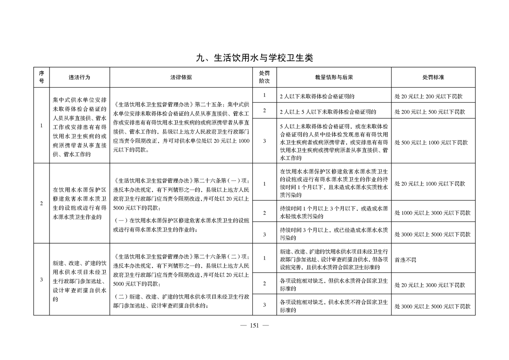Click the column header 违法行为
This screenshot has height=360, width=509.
79,77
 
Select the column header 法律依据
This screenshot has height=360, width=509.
181,77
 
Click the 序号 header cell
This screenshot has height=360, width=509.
41,77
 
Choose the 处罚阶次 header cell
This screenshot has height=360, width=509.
264,77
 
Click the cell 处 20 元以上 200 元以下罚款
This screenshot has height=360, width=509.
428,97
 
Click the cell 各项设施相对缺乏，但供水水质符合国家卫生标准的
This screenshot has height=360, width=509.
333,285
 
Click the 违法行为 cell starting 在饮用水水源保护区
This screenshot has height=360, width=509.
79,203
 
